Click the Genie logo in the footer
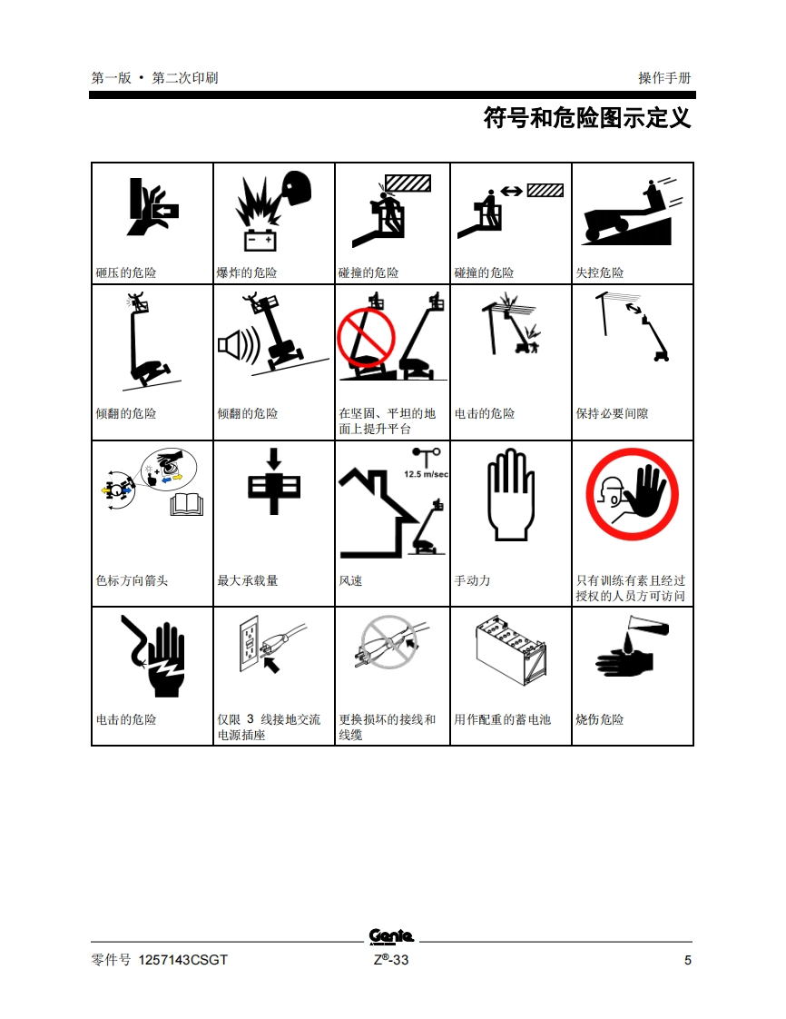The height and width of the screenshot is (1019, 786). point(391,936)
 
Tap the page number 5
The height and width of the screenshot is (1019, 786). point(687,960)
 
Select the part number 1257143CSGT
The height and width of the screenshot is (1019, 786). point(183,960)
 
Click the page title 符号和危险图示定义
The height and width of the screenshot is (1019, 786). point(587,118)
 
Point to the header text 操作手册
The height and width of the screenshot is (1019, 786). point(664,78)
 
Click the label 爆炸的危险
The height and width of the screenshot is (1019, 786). point(247,272)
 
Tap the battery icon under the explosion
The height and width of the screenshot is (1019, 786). point(260,241)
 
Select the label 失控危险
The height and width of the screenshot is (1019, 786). point(600,272)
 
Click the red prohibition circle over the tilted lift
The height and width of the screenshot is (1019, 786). point(366,338)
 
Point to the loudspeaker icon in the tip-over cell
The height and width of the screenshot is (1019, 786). point(239,345)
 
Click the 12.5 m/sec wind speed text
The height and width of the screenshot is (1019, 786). point(427,474)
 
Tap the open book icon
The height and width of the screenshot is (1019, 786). point(187,505)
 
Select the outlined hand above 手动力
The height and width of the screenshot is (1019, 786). point(511,494)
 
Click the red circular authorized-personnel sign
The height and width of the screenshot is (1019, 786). point(632,494)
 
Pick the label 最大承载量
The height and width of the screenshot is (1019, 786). point(248,580)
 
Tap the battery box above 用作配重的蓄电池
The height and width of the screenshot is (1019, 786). point(511,650)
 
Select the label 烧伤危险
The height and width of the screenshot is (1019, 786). point(600,719)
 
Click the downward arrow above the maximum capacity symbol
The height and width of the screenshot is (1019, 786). point(274,459)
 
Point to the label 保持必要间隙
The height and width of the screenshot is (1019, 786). point(612,413)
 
